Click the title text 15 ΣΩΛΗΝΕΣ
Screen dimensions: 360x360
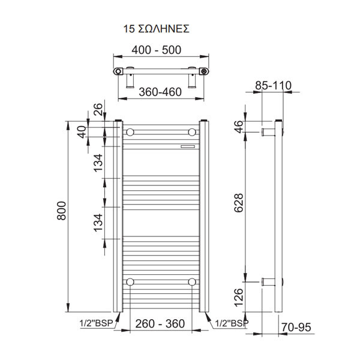[x=156, y=29]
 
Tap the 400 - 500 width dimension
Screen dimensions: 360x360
[x=157, y=50]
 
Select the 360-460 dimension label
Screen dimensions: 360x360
[x=160, y=92]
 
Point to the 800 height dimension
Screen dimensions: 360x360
[x=62, y=211]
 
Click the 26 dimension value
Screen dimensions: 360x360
[x=98, y=109]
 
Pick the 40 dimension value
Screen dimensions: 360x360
[x=82, y=132]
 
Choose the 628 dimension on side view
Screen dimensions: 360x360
[x=238, y=203]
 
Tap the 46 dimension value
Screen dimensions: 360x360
[x=239, y=127]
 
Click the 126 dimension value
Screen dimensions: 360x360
[x=238, y=298]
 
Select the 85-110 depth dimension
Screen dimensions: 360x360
[x=273, y=85]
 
